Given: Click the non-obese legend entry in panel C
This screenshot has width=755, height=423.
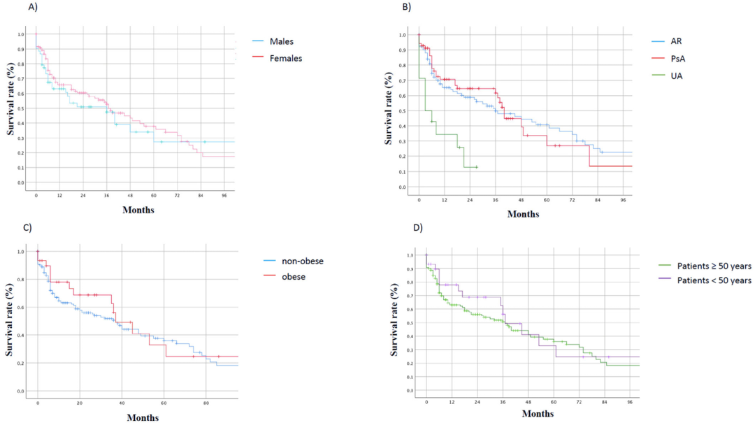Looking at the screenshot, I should click(x=302, y=261).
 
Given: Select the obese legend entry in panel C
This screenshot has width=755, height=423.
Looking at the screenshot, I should click(x=293, y=276).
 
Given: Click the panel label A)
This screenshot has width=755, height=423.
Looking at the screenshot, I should click(x=33, y=8).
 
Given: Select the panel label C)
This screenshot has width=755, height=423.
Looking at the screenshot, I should click(x=27, y=228).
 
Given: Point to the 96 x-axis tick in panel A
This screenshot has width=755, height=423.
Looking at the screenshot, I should click(x=224, y=195).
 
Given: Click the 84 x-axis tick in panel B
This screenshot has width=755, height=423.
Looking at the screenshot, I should click(x=598, y=200).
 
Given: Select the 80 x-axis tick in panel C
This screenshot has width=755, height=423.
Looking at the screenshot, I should click(x=206, y=403).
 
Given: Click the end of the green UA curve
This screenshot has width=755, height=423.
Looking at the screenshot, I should click(x=477, y=167).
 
